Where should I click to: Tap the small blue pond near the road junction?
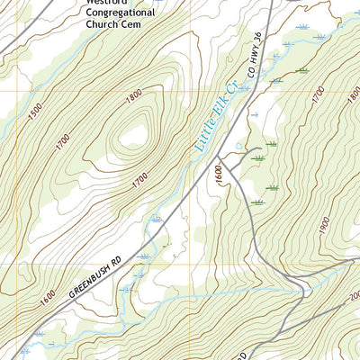point(238,145)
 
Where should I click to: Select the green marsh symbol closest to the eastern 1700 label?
point(301,69)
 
